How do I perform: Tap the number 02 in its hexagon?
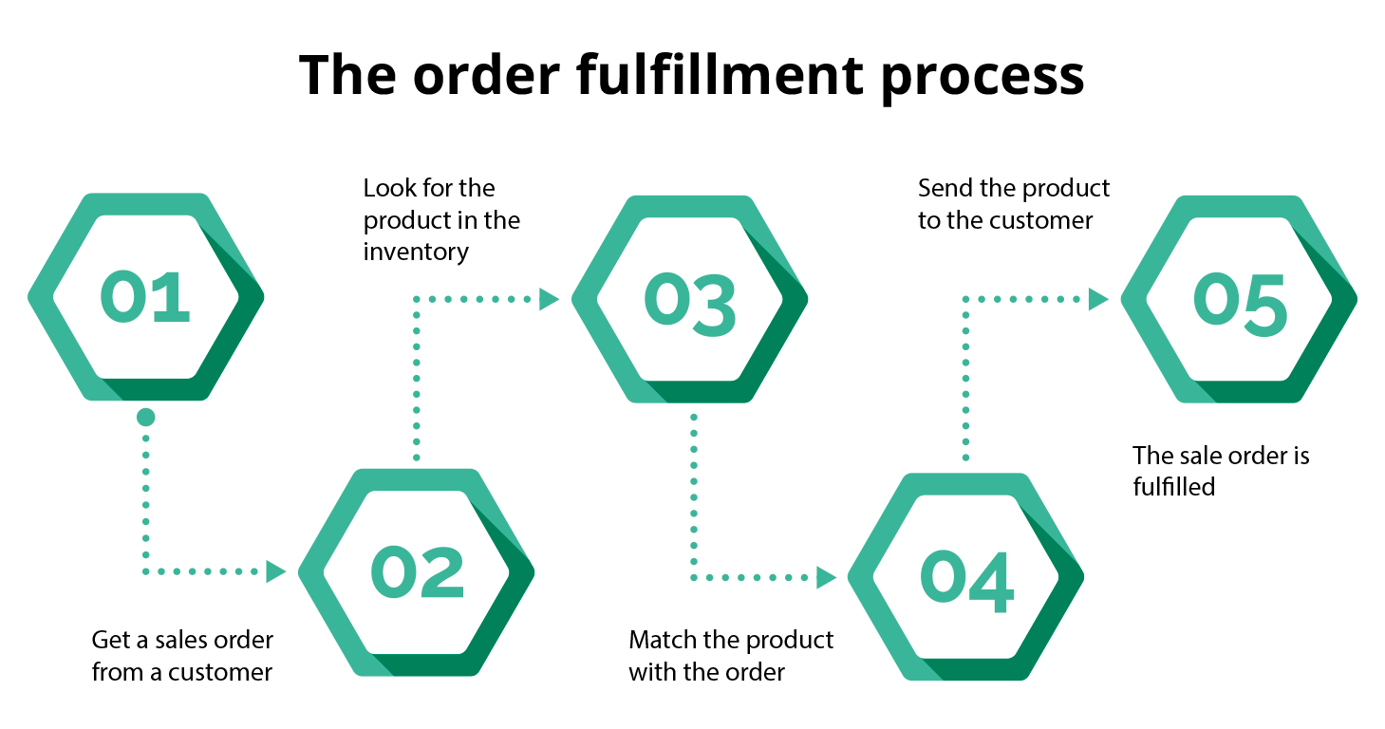(x=417, y=572)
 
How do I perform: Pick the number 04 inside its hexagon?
(x=966, y=577)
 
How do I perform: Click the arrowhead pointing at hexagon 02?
(x=275, y=571)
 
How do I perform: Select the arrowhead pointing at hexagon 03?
(x=549, y=300)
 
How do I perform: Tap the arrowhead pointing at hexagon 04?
(x=826, y=576)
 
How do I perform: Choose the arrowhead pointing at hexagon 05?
(x=1098, y=300)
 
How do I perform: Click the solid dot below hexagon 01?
(x=145, y=417)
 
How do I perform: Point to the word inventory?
(x=416, y=252)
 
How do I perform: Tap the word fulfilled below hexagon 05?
(x=1173, y=487)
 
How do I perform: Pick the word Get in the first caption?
(x=110, y=640)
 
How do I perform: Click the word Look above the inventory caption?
(x=388, y=188)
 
